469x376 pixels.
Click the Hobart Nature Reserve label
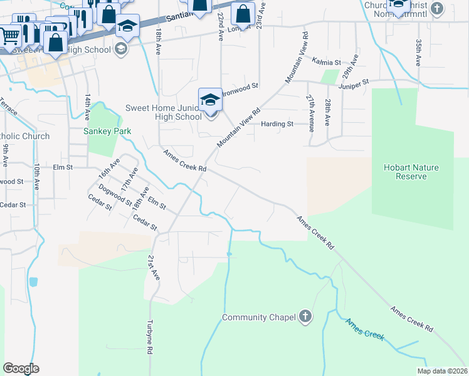point(411,172)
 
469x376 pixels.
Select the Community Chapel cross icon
point(305,317)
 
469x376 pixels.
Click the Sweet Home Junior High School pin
point(211,100)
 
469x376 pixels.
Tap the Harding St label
point(278,124)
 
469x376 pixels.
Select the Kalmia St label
point(326,63)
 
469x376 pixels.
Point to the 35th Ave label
point(418,53)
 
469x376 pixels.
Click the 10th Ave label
point(37,177)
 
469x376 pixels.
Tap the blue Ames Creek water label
point(364,328)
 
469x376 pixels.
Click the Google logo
point(21,368)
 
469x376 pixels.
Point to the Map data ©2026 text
point(442,371)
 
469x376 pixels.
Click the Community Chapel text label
point(259,318)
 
